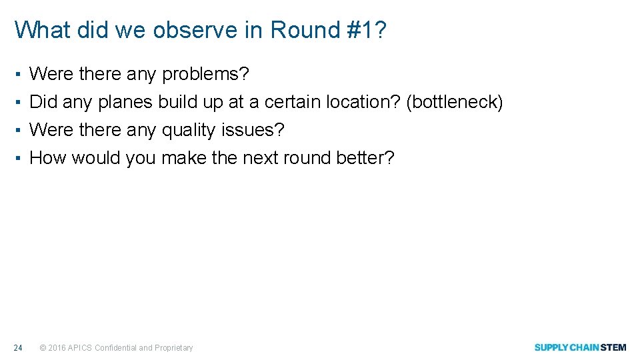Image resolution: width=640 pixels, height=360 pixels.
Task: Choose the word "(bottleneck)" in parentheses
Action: (x=455, y=102)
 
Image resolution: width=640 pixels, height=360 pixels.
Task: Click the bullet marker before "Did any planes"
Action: (x=20, y=103)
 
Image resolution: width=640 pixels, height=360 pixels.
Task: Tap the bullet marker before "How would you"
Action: (x=20, y=159)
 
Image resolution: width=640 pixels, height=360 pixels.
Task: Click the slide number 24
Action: (x=19, y=347)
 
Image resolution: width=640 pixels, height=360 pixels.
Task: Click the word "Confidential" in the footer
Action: (x=116, y=348)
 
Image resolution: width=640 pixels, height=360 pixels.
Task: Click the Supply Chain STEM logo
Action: (x=580, y=347)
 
